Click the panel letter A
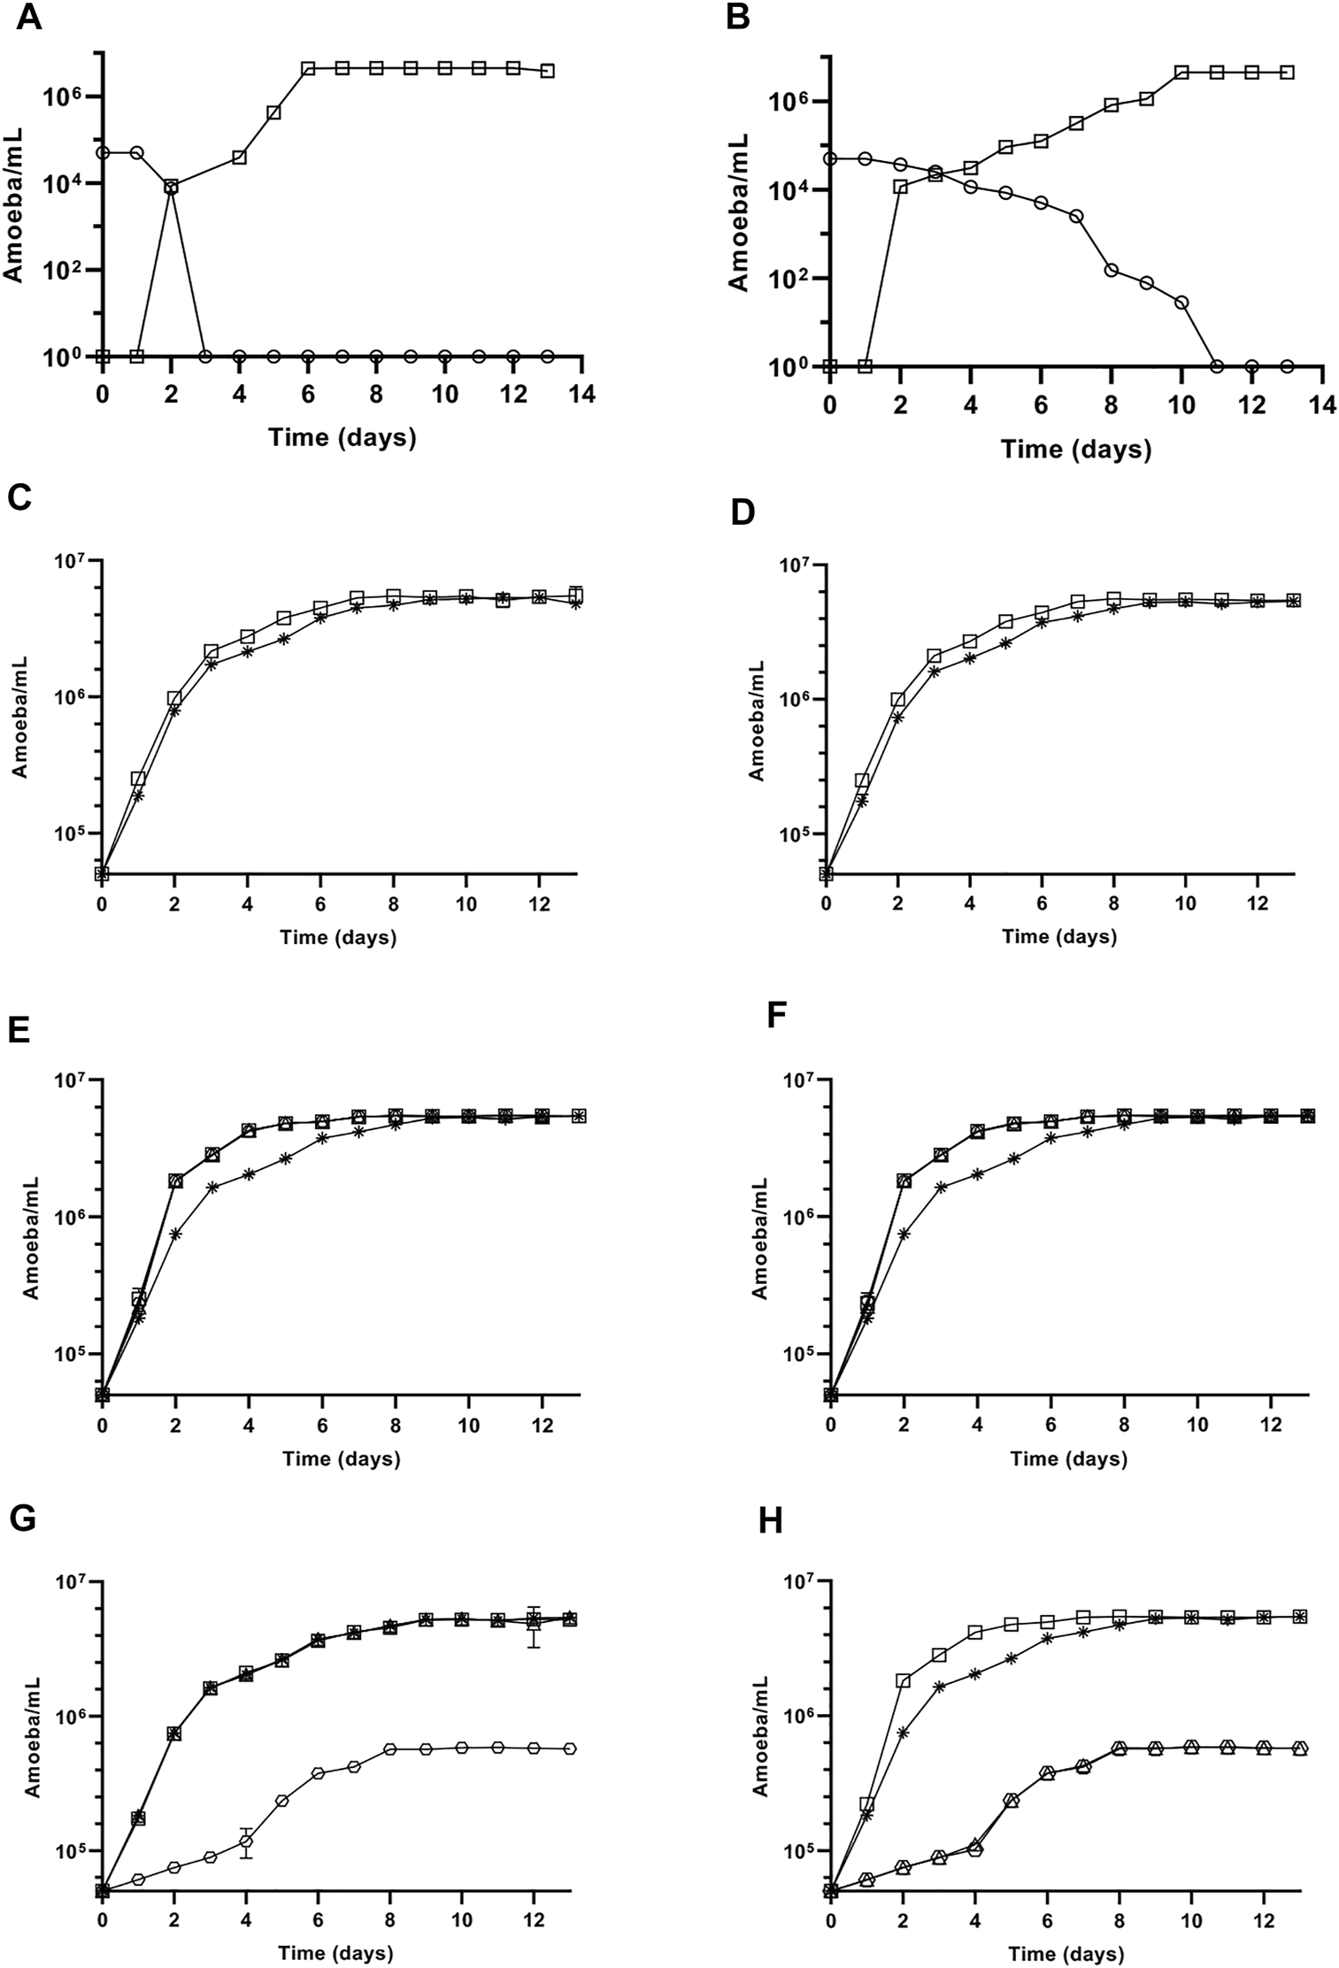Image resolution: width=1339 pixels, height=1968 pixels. point(29,19)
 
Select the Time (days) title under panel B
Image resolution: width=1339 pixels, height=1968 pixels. point(1075,450)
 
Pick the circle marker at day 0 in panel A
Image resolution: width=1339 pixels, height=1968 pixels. point(103,152)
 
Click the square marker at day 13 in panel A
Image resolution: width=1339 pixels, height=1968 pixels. point(548,71)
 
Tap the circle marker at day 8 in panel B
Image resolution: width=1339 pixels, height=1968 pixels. point(1111,270)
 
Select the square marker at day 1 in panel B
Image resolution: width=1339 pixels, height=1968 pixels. point(865,365)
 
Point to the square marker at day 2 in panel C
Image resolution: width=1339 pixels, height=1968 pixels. point(174,698)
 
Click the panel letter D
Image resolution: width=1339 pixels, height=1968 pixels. point(740,511)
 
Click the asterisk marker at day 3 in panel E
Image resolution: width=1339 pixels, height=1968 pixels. point(212,1187)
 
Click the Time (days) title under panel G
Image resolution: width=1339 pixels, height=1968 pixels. point(336,1953)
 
